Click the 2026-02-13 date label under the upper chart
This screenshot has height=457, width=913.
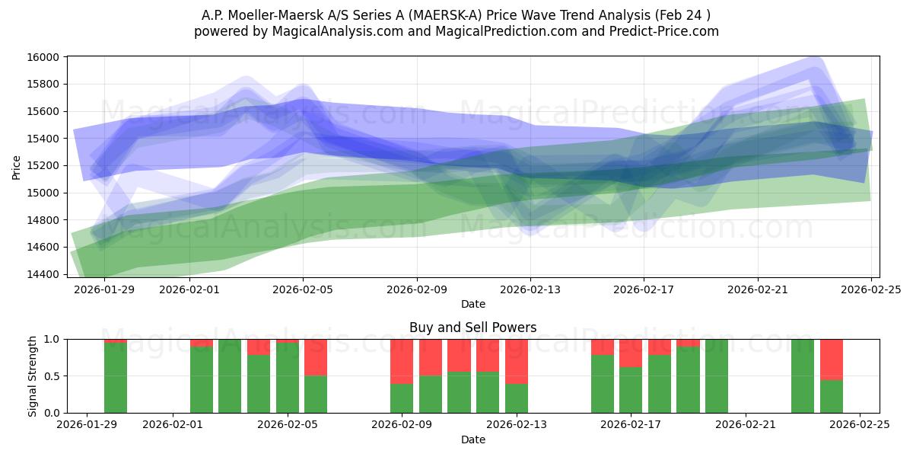pyautogui.click(x=530, y=289)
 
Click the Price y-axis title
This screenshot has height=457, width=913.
pyautogui.click(x=17, y=167)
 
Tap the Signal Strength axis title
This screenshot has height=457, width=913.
pyautogui.click(x=32, y=376)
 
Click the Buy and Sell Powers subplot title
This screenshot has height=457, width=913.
pyautogui.click(x=472, y=328)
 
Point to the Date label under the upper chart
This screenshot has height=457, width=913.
pyautogui.click(x=472, y=304)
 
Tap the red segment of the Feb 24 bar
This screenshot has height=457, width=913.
pyautogui.click(x=831, y=359)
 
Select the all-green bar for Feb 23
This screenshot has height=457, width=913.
pyautogui.click(x=803, y=376)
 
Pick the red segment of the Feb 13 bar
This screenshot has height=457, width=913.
pyautogui.click(x=517, y=361)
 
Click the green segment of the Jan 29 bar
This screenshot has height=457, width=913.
pyautogui.click(x=116, y=378)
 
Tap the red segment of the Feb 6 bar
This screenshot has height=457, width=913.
pyautogui.click(x=316, y=357)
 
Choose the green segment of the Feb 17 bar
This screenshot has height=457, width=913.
pyautogui.click(x=631, y=390)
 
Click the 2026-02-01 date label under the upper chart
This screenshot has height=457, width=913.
pyautogui.click(x=189, y=289)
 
